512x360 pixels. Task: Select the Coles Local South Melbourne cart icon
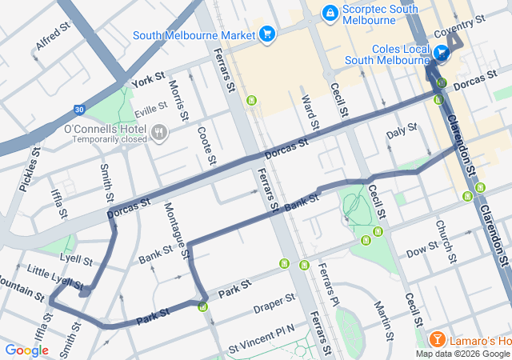click(442, 54)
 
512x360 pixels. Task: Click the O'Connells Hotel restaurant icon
click(159, 131)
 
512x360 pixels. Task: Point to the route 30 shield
click(78, 110)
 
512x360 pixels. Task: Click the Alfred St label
click(54, 37)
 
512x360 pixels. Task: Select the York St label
click(148, 80)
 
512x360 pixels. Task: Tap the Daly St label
click(402, 130)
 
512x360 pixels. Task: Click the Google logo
click(27, 350)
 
